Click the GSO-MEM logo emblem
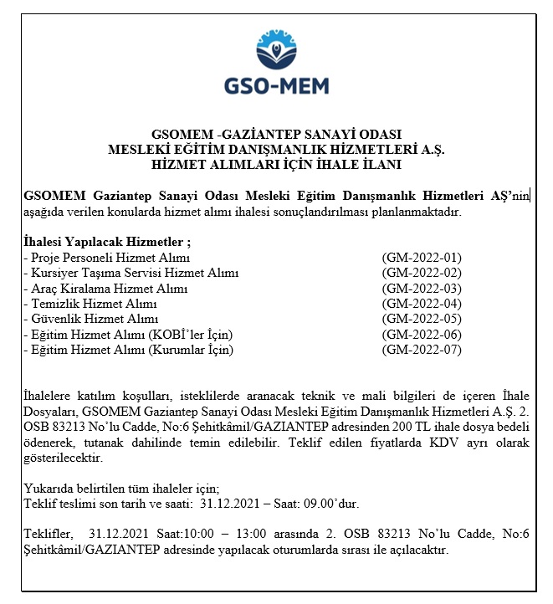tap(276, 52)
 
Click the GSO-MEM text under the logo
tap(276, 85)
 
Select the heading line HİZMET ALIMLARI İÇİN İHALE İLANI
tap(277, 164)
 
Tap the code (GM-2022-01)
tap(421, 258)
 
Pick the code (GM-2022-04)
tap(421, 304)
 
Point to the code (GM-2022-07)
tap(421, 350)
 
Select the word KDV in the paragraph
tap(441, 443)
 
